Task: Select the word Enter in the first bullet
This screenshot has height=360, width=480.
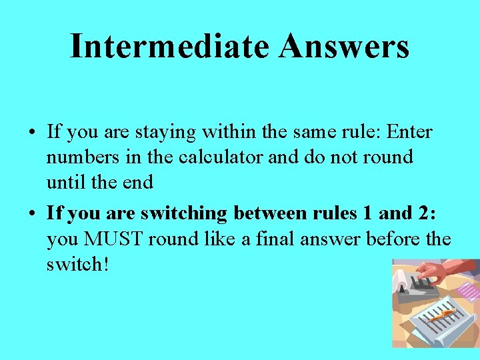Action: [x=407, y=132]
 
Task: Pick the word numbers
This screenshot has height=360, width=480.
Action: [x=77, y=158]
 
